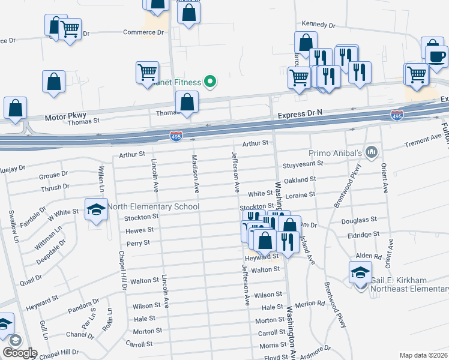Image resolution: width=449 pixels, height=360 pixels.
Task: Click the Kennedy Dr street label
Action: click(318, 25)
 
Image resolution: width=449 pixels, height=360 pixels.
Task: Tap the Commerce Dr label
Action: click(143, 32)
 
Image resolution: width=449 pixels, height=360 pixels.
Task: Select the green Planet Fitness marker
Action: click(210, 81)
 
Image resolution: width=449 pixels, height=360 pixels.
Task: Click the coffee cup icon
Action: click(436, 56)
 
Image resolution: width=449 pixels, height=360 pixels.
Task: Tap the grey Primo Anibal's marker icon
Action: click(372, 152)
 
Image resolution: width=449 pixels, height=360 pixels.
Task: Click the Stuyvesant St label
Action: click(303, 163)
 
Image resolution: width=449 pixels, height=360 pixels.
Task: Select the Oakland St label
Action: click(300, 179)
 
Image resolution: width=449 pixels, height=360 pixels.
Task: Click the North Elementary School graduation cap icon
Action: click(96, 209)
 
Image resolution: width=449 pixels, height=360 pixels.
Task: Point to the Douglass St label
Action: click(358, 220)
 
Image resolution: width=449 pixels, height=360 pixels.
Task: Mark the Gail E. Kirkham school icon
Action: click(360, 274)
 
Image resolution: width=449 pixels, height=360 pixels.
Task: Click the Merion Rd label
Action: click(310, 304)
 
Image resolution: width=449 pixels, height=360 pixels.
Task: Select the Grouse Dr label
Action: click(54, 175)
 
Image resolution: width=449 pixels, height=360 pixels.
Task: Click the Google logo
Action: click(19, 353)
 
